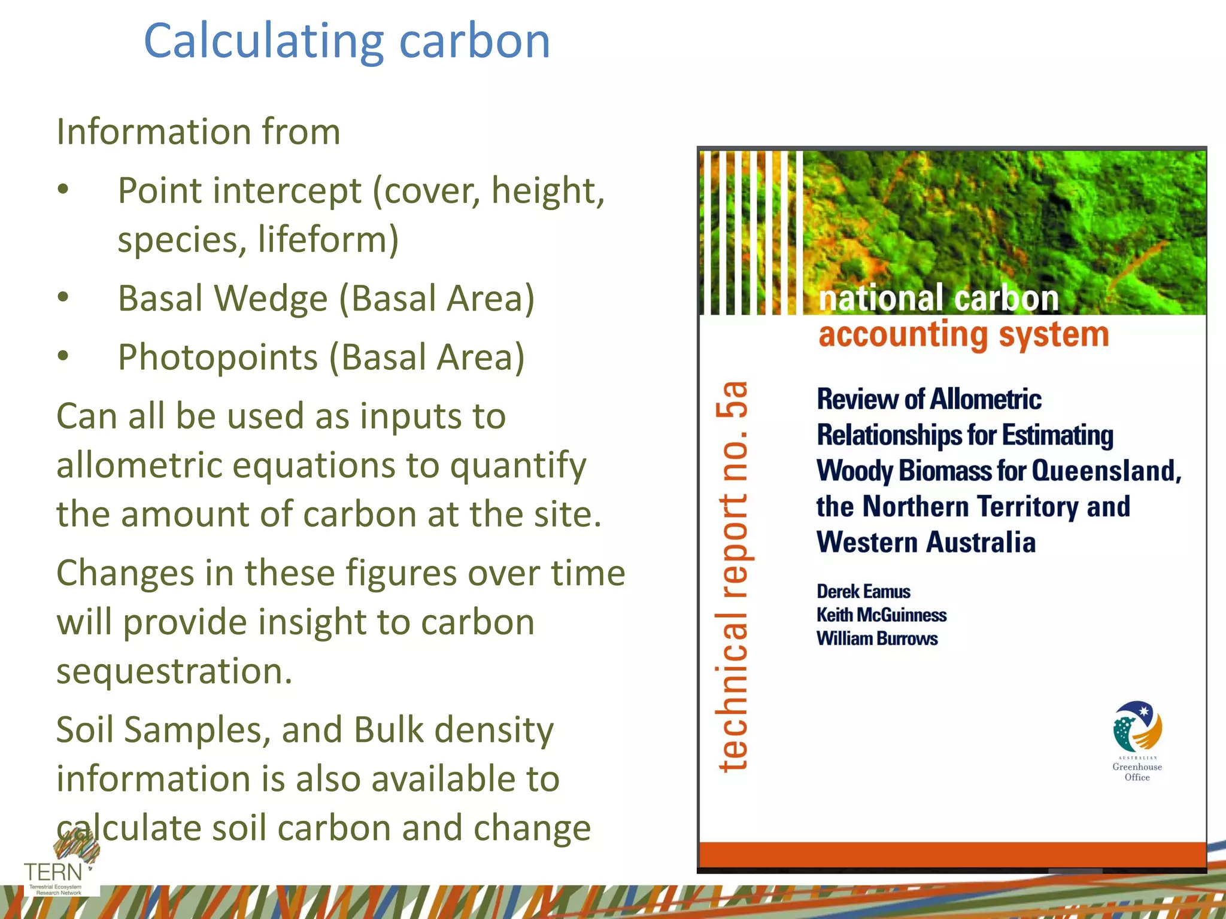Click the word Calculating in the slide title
tap(263, 42)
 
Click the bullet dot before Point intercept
tap(63, 190)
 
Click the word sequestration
tap(174, 671)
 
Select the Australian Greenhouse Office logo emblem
tap(1137, 727)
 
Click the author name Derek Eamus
tap(863, 592)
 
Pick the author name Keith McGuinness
tap(881, 615)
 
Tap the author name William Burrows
tap(877, 638)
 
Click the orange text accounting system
tap(963, 334)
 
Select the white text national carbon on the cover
tap(938, 299)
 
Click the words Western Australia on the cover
tap(925, 542)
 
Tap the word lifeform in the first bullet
tap(328, 239)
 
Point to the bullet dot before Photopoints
tap(63, 357)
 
